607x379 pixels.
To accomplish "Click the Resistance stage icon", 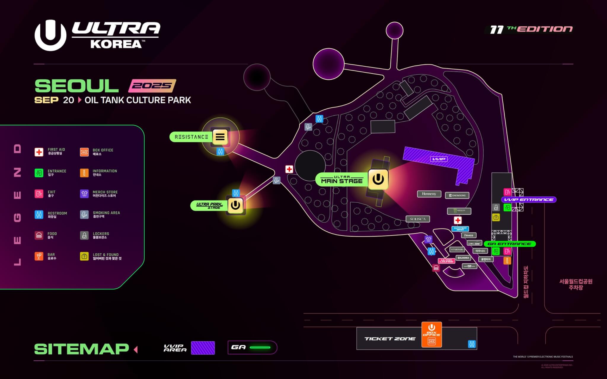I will click(x=220, y=137).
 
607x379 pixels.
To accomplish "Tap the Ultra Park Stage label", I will click(x=209, y=205).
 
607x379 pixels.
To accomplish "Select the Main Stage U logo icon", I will click(x=378, y=179).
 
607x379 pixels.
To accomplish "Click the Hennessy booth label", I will click(x=429, y=194).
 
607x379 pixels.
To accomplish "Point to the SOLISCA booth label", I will click(x=418, y=219).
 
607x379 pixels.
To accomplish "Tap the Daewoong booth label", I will click(x=457, y=195).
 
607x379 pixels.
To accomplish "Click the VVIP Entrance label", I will click(x=529, y=200).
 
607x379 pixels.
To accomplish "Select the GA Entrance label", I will click(x=509, y=244).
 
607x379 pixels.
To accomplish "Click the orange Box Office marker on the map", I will click(x=432, y=335).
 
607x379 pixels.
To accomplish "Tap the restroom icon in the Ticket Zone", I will click(x=472, y=344).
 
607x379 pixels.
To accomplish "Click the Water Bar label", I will click(x=460, y=229).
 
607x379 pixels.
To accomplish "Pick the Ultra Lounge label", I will click(x=446, y=261).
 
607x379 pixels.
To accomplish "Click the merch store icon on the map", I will click(x=428, y=239).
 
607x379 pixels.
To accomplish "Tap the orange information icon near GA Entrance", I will click(x=507, y=261).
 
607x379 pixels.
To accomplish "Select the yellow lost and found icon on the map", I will click(x=496, y=218).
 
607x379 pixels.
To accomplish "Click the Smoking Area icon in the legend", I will click(x=84, y=215).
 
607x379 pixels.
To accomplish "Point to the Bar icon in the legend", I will click(x=39, y=256).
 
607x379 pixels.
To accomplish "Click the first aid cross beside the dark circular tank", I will click(x=289, y=169).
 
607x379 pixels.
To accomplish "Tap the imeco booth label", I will click(x=469, y=235).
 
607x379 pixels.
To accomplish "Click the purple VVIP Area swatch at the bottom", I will click(x=203, y=348).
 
